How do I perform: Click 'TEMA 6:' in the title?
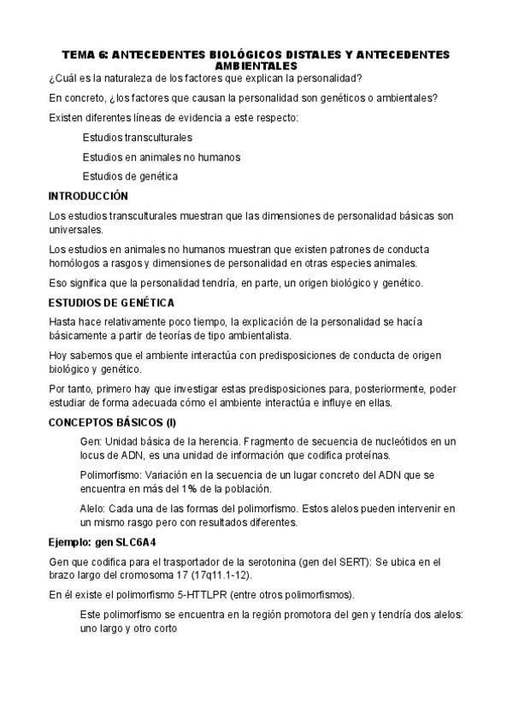(x=84, y=55)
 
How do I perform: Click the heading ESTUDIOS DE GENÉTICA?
(x=111, y=303)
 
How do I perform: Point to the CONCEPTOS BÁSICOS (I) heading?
(x=112, y=421)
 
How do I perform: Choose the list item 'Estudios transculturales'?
(x=137, y=137)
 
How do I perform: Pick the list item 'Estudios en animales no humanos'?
(x=161, y=156)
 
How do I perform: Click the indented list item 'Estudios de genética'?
(x=130, y=176)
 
